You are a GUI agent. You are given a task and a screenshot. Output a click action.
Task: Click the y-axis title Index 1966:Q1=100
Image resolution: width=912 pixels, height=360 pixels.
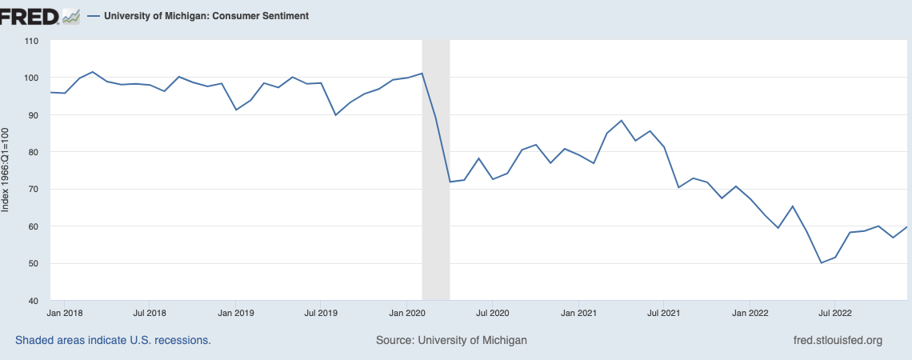(6, 169)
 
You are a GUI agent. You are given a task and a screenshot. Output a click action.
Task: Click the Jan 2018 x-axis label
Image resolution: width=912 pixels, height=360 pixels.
(62, 313)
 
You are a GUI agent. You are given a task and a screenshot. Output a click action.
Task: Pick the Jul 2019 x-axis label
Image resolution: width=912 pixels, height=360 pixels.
(320, 313)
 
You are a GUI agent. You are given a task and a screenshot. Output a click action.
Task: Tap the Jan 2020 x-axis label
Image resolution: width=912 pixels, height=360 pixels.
(407, 313)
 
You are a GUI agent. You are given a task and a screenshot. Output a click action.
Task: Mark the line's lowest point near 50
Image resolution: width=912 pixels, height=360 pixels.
(821, 262)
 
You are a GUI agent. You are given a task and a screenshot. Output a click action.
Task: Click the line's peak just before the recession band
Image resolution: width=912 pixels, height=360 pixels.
(422, 74)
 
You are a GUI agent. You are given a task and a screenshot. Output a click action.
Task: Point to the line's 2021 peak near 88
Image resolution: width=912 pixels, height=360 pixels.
(622, 121)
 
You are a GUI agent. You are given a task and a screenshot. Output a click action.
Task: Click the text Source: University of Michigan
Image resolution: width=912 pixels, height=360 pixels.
(451, 341)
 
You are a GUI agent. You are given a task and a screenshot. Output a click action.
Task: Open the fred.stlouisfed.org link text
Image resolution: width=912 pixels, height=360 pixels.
(836, 341)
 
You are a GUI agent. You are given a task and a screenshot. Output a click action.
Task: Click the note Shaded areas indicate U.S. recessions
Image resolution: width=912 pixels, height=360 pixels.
(113, 341)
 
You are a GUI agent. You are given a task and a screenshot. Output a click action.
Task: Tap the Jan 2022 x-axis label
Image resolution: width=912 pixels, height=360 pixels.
(750, 313)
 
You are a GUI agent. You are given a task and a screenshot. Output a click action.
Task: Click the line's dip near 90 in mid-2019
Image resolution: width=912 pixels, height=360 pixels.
(336, 115)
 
